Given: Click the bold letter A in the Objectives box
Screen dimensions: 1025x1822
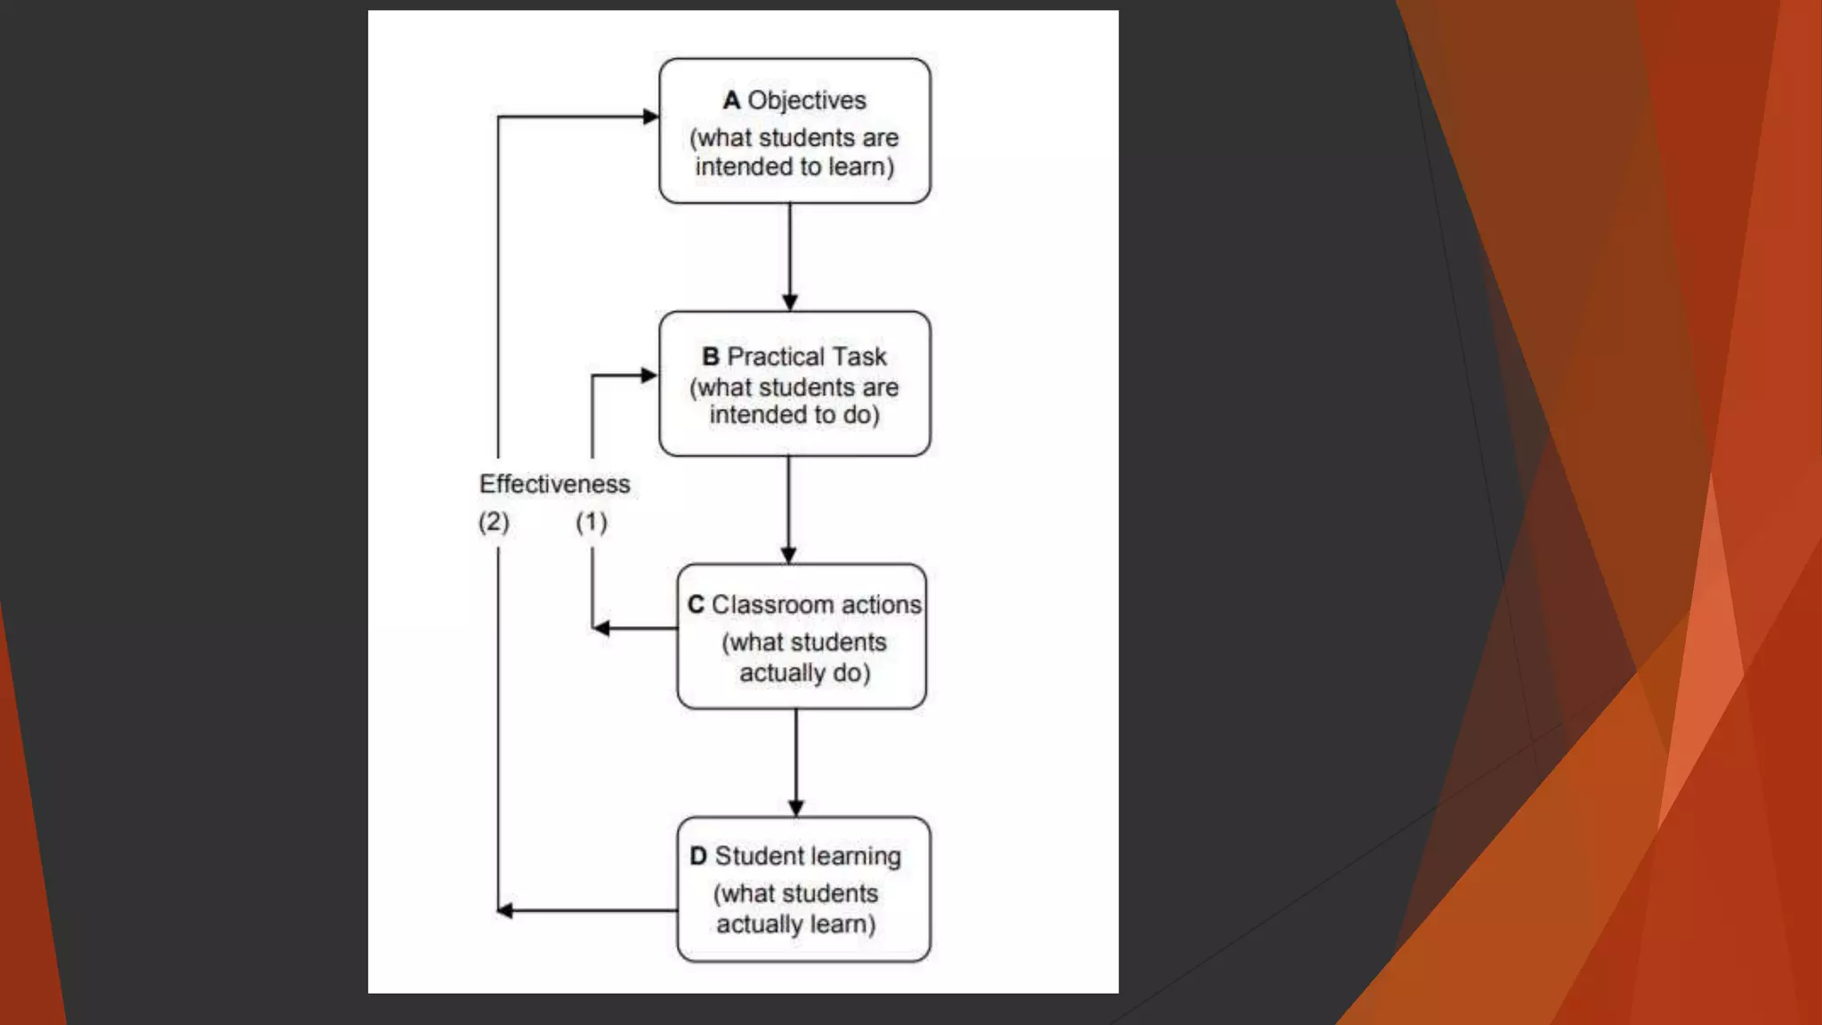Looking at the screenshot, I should coord(731,101).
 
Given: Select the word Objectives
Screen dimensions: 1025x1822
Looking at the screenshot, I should coord(807,101).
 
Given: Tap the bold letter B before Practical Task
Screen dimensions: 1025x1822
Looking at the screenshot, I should coord(710,357).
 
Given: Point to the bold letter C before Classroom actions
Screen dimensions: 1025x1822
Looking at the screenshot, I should coord(696,605).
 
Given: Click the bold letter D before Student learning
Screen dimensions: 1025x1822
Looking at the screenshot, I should coord(698,856).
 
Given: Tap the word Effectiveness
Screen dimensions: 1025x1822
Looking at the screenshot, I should coord(554,484).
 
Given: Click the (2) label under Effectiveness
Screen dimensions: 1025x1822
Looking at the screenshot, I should coord(494,521).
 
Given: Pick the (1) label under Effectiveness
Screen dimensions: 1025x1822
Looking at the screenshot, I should coord(592,521).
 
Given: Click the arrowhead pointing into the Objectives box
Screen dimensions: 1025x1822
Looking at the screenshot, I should coord(650,117).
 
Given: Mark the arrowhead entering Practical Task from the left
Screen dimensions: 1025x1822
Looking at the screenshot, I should coord(649,375).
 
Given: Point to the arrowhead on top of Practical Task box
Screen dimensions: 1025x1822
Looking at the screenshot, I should coord(790,303).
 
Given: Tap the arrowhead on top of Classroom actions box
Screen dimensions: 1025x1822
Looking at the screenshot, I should coord(788,555).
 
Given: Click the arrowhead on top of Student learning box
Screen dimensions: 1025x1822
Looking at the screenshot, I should coord(796,808).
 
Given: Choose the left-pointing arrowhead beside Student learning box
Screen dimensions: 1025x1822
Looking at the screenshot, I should coord(505,910).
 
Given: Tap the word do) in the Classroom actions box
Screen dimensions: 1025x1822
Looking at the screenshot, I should coord(851,674).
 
